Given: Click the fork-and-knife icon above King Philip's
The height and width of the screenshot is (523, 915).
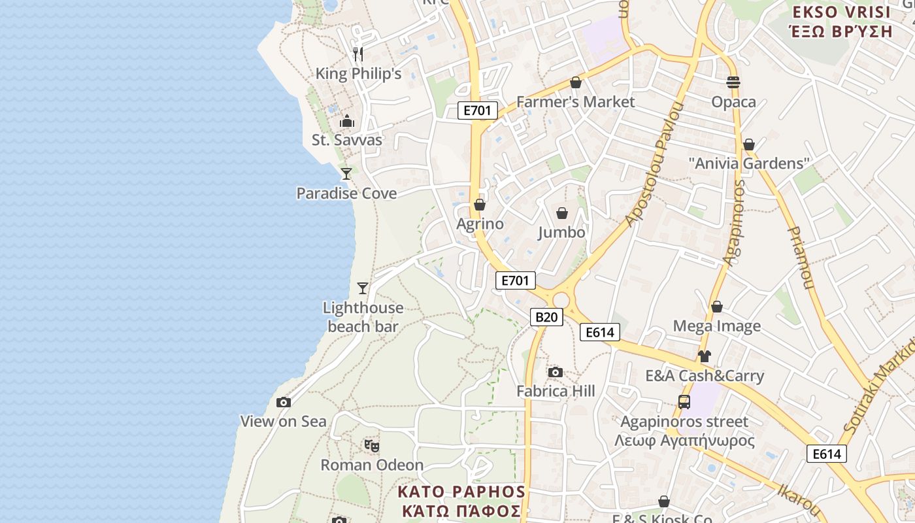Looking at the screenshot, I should click(358, 54).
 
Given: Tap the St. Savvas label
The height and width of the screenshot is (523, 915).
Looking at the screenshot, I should click(346, 140).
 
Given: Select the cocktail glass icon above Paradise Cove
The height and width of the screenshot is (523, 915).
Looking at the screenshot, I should click(346, 173).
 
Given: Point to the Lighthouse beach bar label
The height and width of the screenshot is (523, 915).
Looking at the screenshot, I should click(363, 317).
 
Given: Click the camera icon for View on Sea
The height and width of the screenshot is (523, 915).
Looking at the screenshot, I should click(283, 402).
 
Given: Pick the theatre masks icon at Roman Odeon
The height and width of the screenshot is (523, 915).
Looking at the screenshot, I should click(372, 446).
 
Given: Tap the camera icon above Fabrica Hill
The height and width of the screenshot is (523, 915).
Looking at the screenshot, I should click(556, 372).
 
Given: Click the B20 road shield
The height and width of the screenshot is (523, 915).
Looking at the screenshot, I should click(546, 317).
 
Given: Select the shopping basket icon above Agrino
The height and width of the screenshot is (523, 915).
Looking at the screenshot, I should click(480, 205).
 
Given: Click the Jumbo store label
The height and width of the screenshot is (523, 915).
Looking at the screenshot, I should click(561, 232).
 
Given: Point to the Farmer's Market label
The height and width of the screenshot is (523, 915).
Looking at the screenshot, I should click(575, 102).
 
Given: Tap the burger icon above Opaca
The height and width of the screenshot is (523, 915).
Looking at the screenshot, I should click(733, 82).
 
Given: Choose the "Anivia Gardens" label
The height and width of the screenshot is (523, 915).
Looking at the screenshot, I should click(749, 163).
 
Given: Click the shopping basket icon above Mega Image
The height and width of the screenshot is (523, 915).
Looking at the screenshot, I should click(717, 307).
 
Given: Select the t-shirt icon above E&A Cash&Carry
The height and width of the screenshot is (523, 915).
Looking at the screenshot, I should click(704, 356).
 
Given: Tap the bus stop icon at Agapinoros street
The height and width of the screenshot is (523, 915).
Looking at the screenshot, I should click(684, 402).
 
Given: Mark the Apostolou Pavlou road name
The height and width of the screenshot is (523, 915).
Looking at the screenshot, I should click(654, 165).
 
